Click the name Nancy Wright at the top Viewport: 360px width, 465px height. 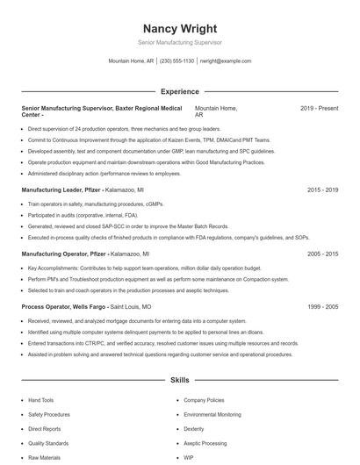click(x=180, y=28)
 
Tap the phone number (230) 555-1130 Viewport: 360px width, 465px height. click(x=176, y=61)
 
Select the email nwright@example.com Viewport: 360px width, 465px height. click(x=226, y=61)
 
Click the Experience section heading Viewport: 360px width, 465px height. click(x=180, y=91)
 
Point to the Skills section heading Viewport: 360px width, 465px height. click(x=180, y=381)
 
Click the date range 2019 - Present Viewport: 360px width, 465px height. click(x=319, y=108)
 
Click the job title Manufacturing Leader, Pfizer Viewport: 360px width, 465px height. click(x=61, y=190)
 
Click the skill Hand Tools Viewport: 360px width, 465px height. click(x=40, y=400)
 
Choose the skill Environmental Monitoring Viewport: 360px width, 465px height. click(x=212, y=414)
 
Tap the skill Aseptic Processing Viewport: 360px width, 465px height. click(x=205, y=443)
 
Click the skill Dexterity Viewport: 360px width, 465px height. click(x=194, y=429)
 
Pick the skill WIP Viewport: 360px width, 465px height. click(x=188, y=458)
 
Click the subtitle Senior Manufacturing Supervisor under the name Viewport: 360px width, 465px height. click(x=180, y=42)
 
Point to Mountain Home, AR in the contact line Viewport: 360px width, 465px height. click(x=131, y=61)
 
